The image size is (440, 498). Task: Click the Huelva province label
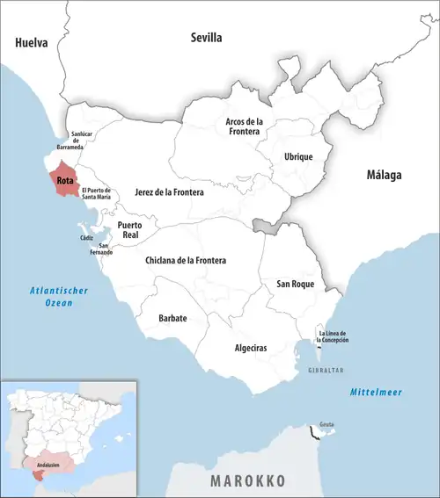tap(31, 41)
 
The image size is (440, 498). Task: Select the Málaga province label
tap(384, 175)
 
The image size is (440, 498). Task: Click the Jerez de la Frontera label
tap(170, 191)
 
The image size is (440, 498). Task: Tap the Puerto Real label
tap(131, 229)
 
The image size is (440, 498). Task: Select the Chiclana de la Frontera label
tap(186, 260)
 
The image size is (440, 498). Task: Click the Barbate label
tap(172, 317)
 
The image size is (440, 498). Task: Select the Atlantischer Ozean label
tap(48, 296)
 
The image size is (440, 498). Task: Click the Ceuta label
tap(326, 422)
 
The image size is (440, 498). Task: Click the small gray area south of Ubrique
tap(263, 226)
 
